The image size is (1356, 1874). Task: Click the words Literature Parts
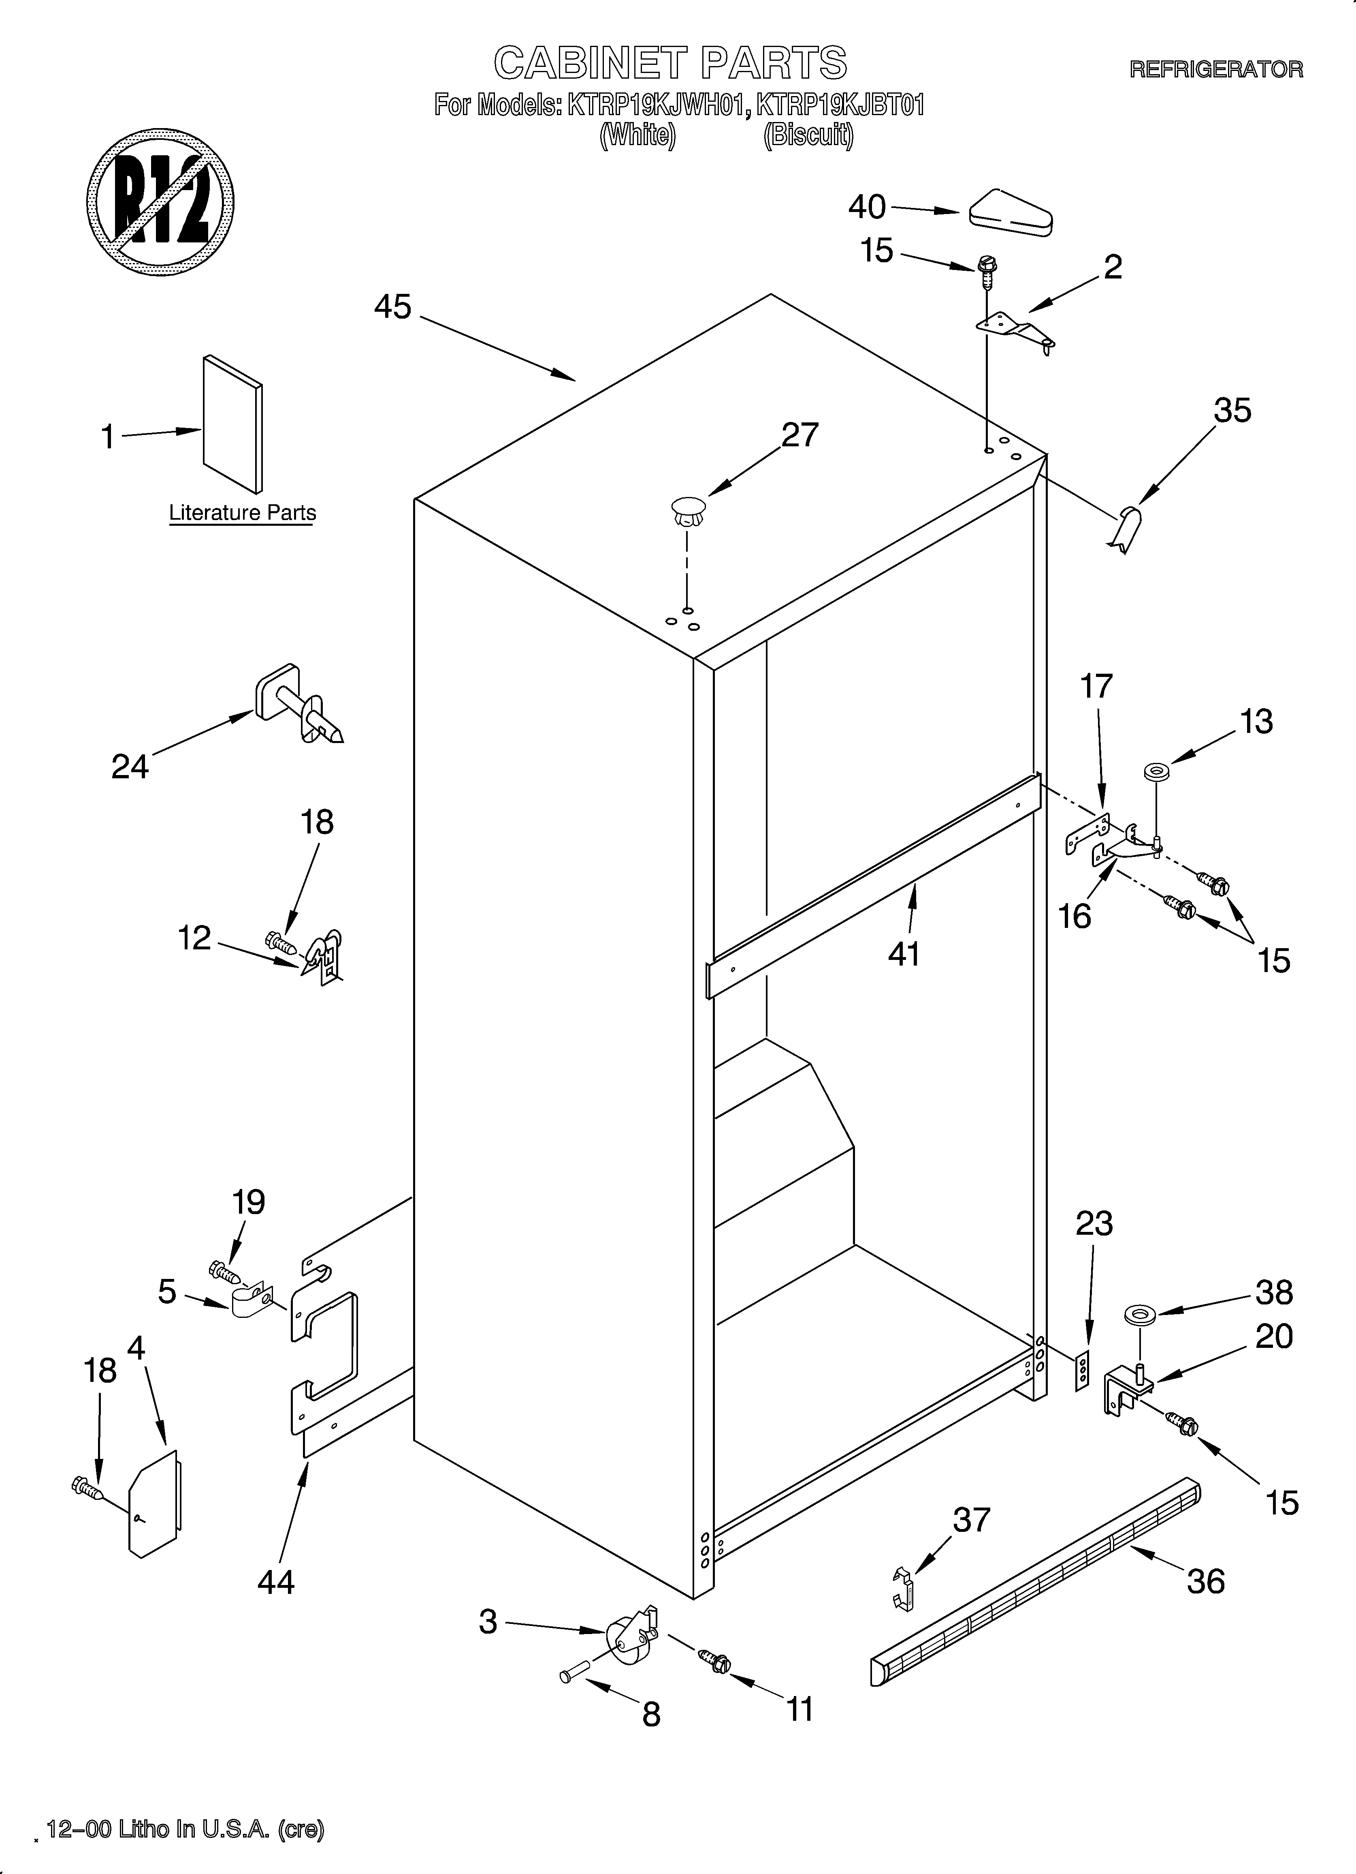[x=242, y=513]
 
